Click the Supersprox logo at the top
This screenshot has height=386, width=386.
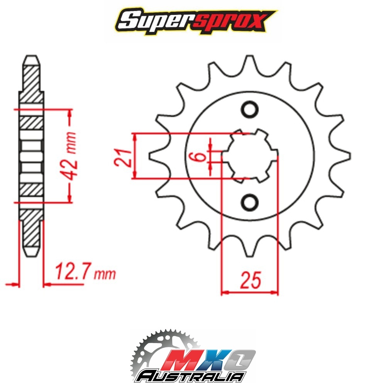point(196,22)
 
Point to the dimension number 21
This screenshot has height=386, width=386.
point(122,157)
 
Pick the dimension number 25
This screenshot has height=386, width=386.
point(251,280)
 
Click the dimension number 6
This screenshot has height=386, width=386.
point(201,157)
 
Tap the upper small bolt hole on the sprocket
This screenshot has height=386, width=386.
point(250,109)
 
